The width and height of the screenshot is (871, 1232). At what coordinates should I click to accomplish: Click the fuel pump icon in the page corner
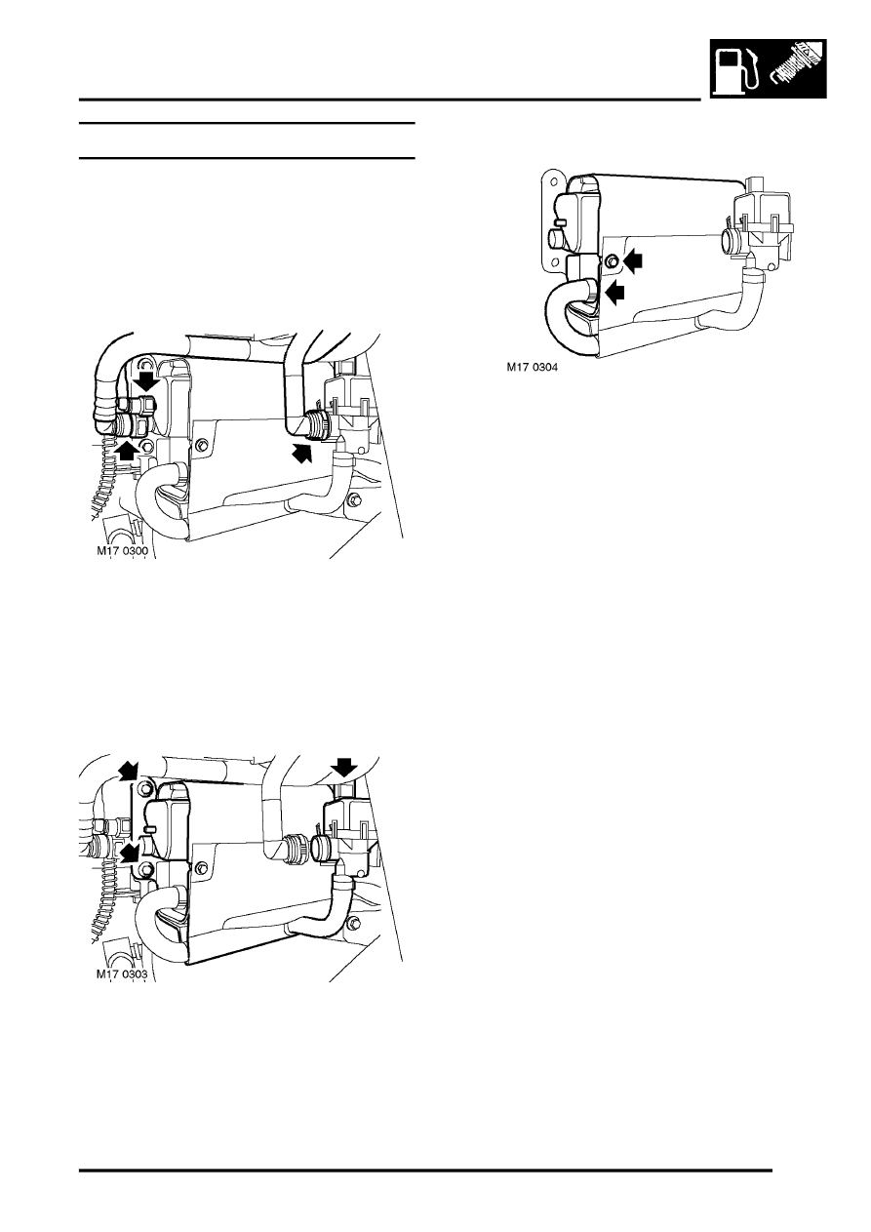pos(737,68)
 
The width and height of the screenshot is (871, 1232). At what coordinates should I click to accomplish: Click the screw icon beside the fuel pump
pos(796,67)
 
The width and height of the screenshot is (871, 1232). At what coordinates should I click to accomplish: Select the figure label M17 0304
pos(532,367)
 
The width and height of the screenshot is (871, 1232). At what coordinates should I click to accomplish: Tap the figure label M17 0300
pos(122,550)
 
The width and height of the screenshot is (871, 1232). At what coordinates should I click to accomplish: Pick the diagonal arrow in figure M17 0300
pos(302,454)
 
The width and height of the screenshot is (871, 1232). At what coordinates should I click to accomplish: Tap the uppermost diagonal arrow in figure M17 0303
pos(131,770)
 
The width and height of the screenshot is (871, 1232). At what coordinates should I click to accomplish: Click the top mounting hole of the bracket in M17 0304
pos(555,179)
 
